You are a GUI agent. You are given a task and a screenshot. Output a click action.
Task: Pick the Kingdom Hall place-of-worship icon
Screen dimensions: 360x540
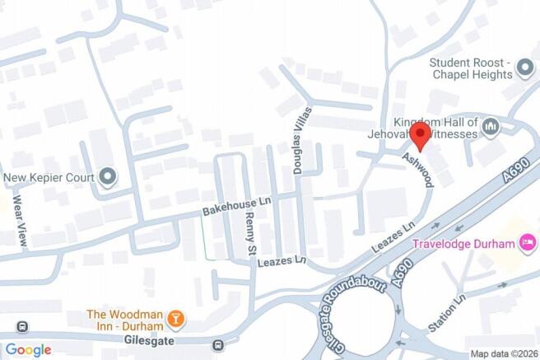[x=491, y=126]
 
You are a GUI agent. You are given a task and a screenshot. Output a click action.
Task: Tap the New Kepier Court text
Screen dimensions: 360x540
[x=49, y=176]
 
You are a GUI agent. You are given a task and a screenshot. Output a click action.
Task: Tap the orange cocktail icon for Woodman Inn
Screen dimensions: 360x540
[x=175, y=318]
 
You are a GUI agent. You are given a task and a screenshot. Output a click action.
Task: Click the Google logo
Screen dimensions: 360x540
[x=28, y=349]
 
